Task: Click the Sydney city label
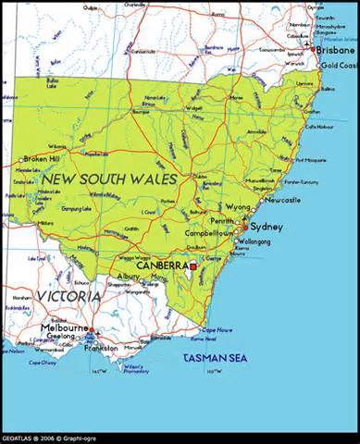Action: coord(267,227)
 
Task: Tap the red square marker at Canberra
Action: coord(192,266)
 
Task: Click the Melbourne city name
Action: coord(63,328)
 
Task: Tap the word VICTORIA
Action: coord(69,296)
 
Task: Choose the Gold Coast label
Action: coord(336,66)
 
